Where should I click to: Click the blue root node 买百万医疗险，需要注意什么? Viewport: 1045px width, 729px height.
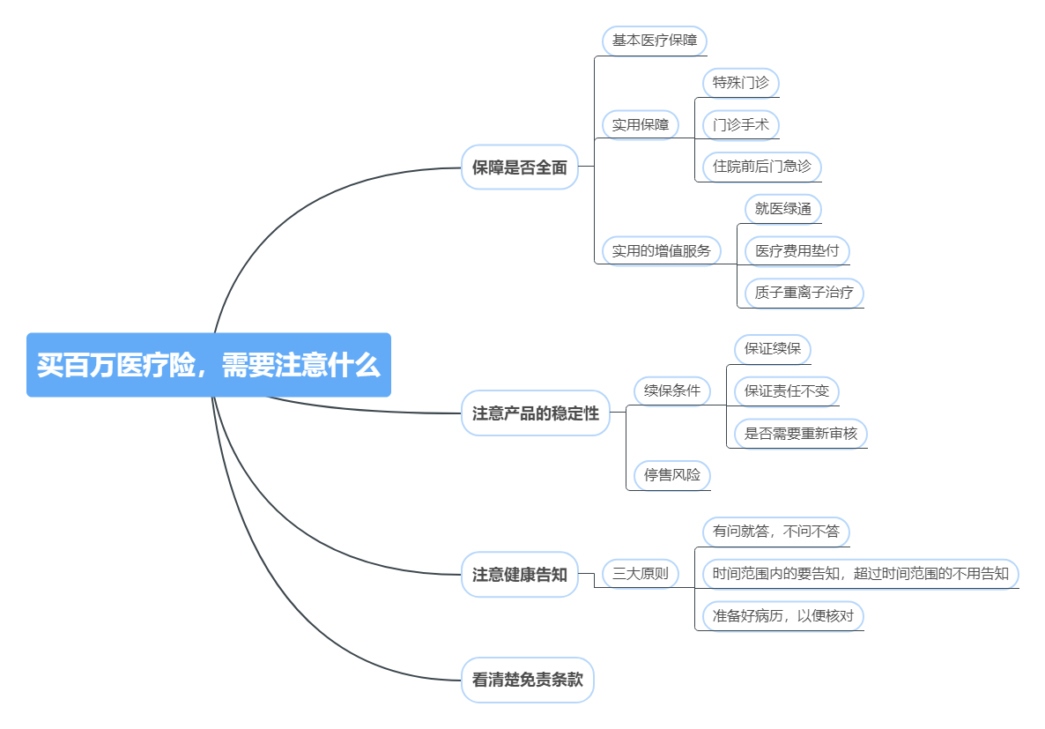pyautogui.click(x=208, y=365)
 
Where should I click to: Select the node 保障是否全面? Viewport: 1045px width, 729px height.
pyautogui.click(x=520, y=167)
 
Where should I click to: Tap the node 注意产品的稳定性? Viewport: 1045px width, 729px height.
pyautogui.click(x=536, y=413)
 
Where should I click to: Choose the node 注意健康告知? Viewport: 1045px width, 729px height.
pyautogui.click(x=520, y=575)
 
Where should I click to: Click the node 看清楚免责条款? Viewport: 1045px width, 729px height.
pyautogui.click(x=528, y=680)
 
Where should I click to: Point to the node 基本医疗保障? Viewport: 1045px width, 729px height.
pyautogui.click(x=655, y=41)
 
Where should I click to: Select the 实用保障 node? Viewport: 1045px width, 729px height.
pyautogui.click(x=641, y=124)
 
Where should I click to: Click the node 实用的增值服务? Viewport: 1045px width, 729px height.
pyautogui.click(x=661, y=250)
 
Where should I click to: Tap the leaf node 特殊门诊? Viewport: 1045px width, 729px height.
pyautogui.click(x=741, y=83)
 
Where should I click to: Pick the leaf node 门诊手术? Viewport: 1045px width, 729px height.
pyautogui.click(x=741, y=124)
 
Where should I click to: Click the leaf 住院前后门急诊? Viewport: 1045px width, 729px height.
pyautogui.click(x=762, y=166)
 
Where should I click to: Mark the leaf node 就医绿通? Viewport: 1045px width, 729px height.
pyautogui.click(x=783, y=209)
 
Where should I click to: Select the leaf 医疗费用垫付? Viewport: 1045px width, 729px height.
pyautogui.click(x=797, y=250)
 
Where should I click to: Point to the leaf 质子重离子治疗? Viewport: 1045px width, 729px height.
pyautogui.click(x=804, y=293)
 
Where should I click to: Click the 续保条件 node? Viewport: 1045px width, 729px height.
pyautogui.click(x=672, y=391)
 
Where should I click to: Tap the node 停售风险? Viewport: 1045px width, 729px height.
pyautogui.click(x=672, y=475)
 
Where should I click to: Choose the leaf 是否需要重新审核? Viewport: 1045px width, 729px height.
pyautogui.click(x=801, y=433)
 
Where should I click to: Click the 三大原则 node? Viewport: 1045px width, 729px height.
pyautogui.click(x=641, y=574)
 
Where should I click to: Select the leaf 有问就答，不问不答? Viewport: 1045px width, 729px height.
pyautogui.click(x=776, y=532)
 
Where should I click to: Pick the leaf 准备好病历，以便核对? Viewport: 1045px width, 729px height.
pyautogui.click(x=783, y=615)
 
